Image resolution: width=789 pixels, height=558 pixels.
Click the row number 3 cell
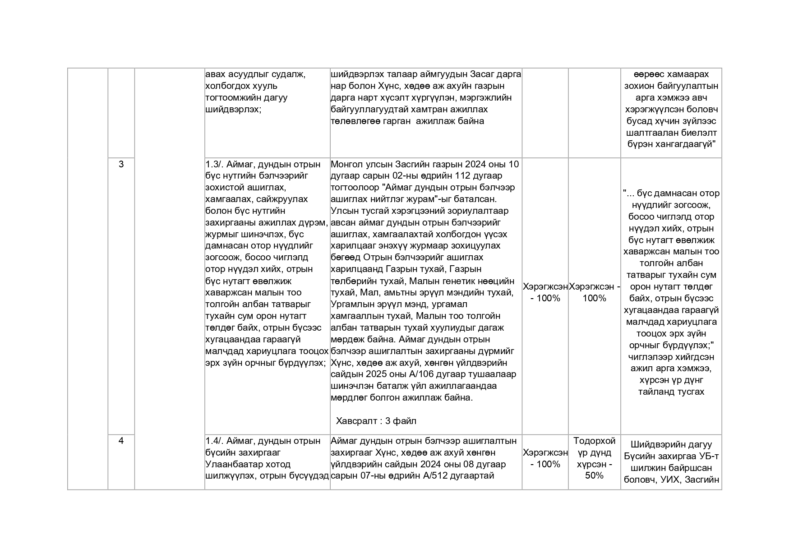[121, 164]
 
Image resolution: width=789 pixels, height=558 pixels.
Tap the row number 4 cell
[121, 441]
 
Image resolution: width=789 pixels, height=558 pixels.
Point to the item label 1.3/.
[214, 164]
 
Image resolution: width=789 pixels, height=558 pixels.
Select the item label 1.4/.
[214, 441]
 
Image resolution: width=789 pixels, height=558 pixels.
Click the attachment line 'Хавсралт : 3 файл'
[376, 421]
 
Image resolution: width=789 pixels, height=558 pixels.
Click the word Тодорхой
[594, 441]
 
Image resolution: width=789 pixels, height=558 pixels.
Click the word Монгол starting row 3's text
[346, 164]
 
